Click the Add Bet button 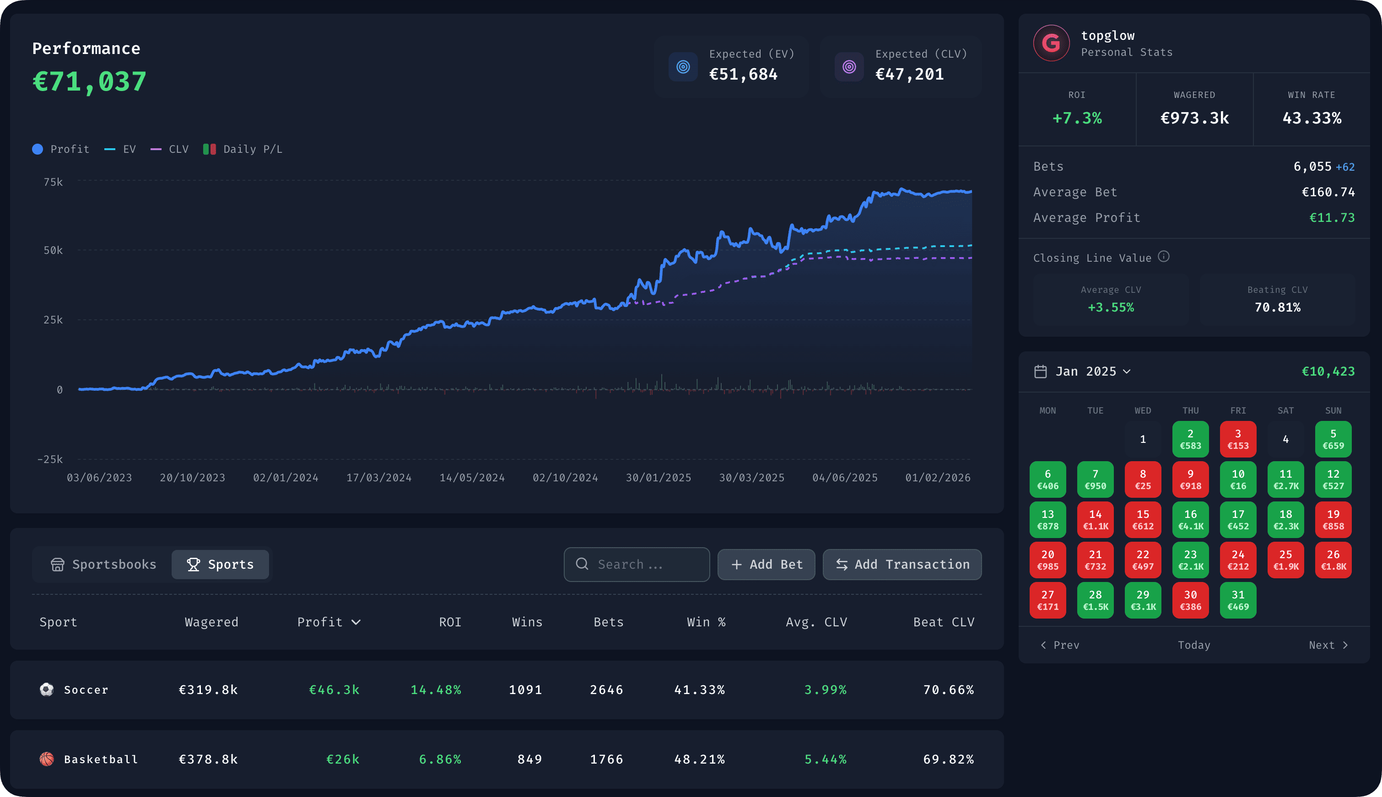point(766,565)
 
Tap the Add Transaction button point(902,565)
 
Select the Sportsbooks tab point(103,565)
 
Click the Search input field point(637,565)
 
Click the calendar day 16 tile point(1190,519)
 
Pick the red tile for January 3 point(1237,439)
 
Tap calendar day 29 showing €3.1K point(1142,600)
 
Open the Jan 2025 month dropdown point(1092,371)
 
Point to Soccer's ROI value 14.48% point(436,690)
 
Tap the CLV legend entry point(170,149)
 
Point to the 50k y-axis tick point(53,250)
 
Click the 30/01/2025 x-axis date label point(658,477)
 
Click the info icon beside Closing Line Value point(1164,256)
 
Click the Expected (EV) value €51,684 point(743,74)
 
